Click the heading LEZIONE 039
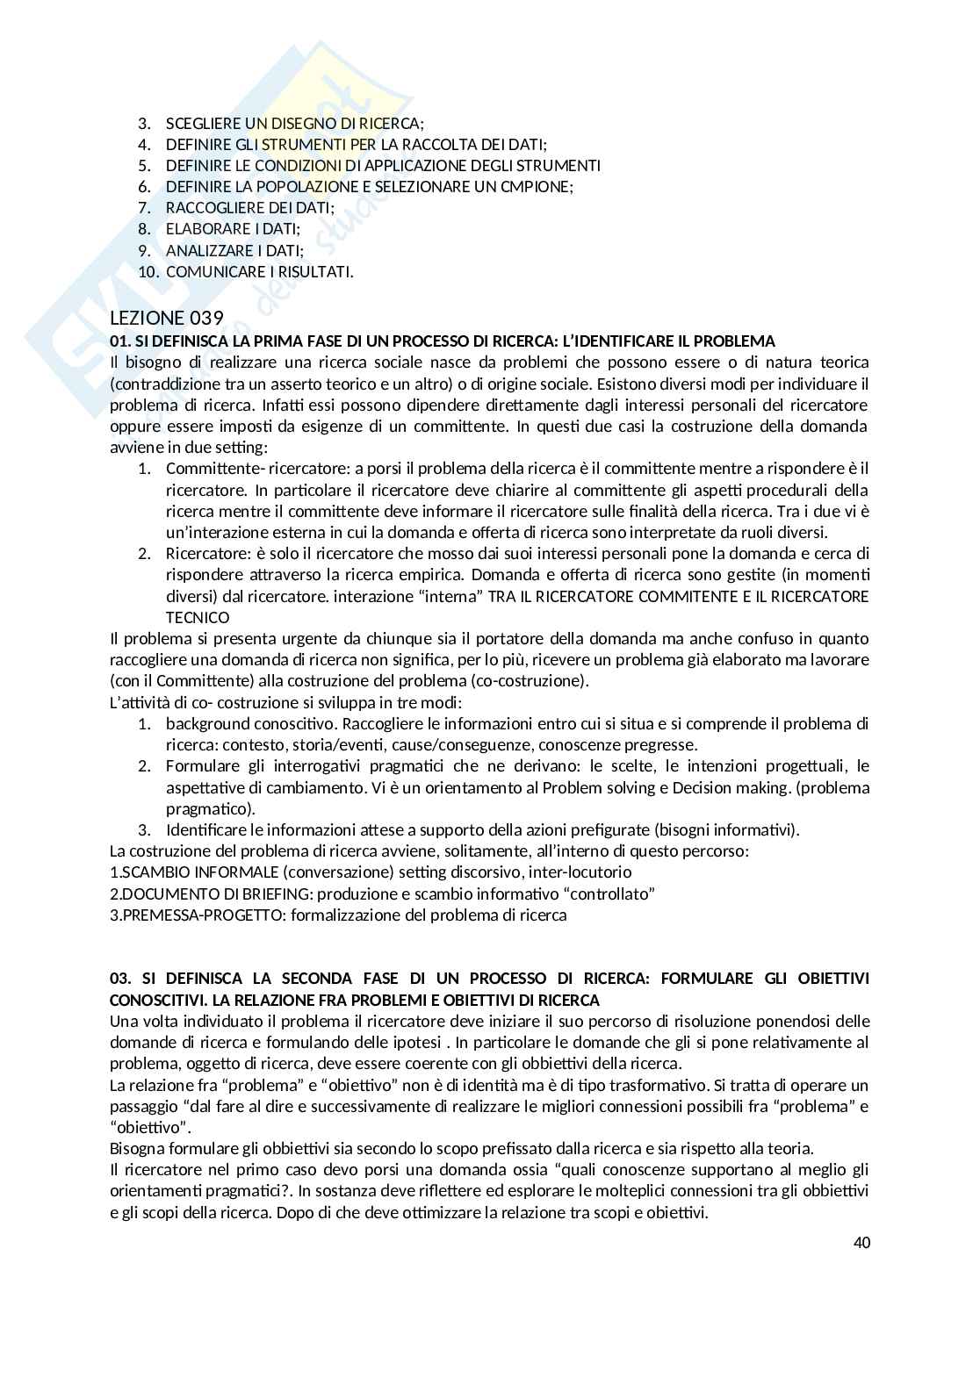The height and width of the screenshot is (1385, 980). [167, 318]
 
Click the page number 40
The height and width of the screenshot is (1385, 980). [861, 1243]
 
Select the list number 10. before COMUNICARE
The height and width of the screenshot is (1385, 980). [149, 271]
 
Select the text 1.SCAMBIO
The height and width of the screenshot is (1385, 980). [143, 872]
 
